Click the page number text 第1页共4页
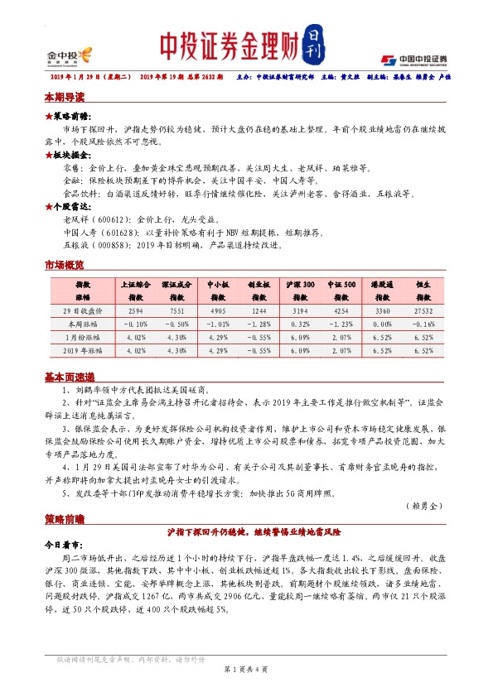pos(246,668)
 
